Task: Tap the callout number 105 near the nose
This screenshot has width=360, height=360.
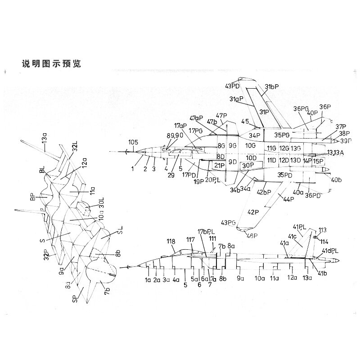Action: (x=133, y=143)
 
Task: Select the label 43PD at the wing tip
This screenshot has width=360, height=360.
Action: (x=233, y=86)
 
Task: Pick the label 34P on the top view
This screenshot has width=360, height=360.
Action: (x=255, y=135)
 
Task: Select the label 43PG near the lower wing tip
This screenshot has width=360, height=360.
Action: (x=229, y=222)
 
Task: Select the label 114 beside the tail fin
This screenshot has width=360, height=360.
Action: (x=324, y=241)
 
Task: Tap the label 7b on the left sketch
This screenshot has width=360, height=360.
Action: (x=107, y=288)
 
